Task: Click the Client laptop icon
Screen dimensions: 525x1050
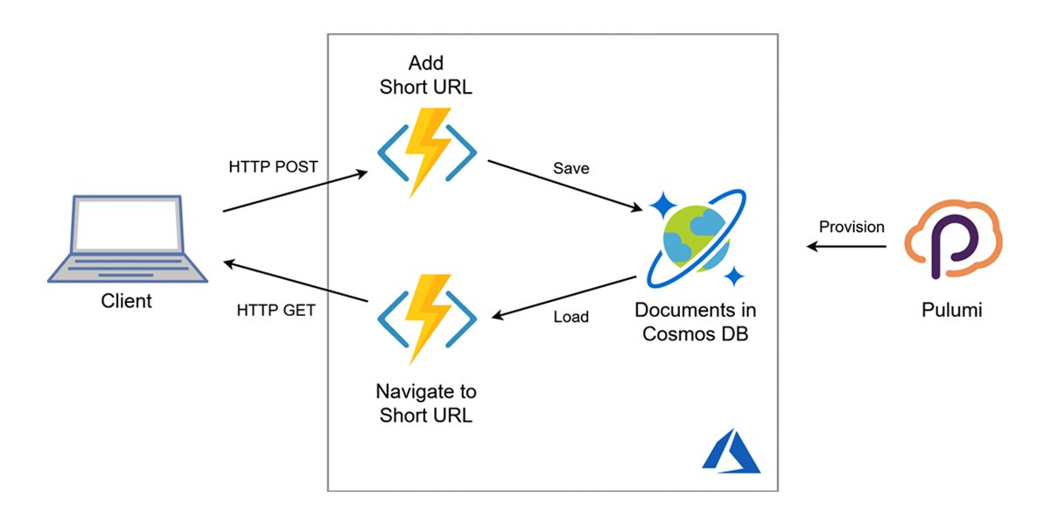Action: click(128, 239)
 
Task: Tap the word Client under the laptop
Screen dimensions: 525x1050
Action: click(126, 302)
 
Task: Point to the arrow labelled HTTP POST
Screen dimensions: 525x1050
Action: click(295, 192)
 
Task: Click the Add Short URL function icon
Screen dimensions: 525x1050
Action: click(427, 153)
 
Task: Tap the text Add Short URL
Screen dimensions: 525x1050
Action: click(426, 74)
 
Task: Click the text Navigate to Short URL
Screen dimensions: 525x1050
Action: click(426, 403)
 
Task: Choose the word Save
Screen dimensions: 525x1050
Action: click(570, 169)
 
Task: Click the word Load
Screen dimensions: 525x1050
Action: click(570, 317)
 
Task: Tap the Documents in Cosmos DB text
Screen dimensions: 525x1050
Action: click(696, 322)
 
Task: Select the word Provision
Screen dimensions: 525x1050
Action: click(851, 227)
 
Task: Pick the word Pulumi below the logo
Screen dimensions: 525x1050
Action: click(952, 310)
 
